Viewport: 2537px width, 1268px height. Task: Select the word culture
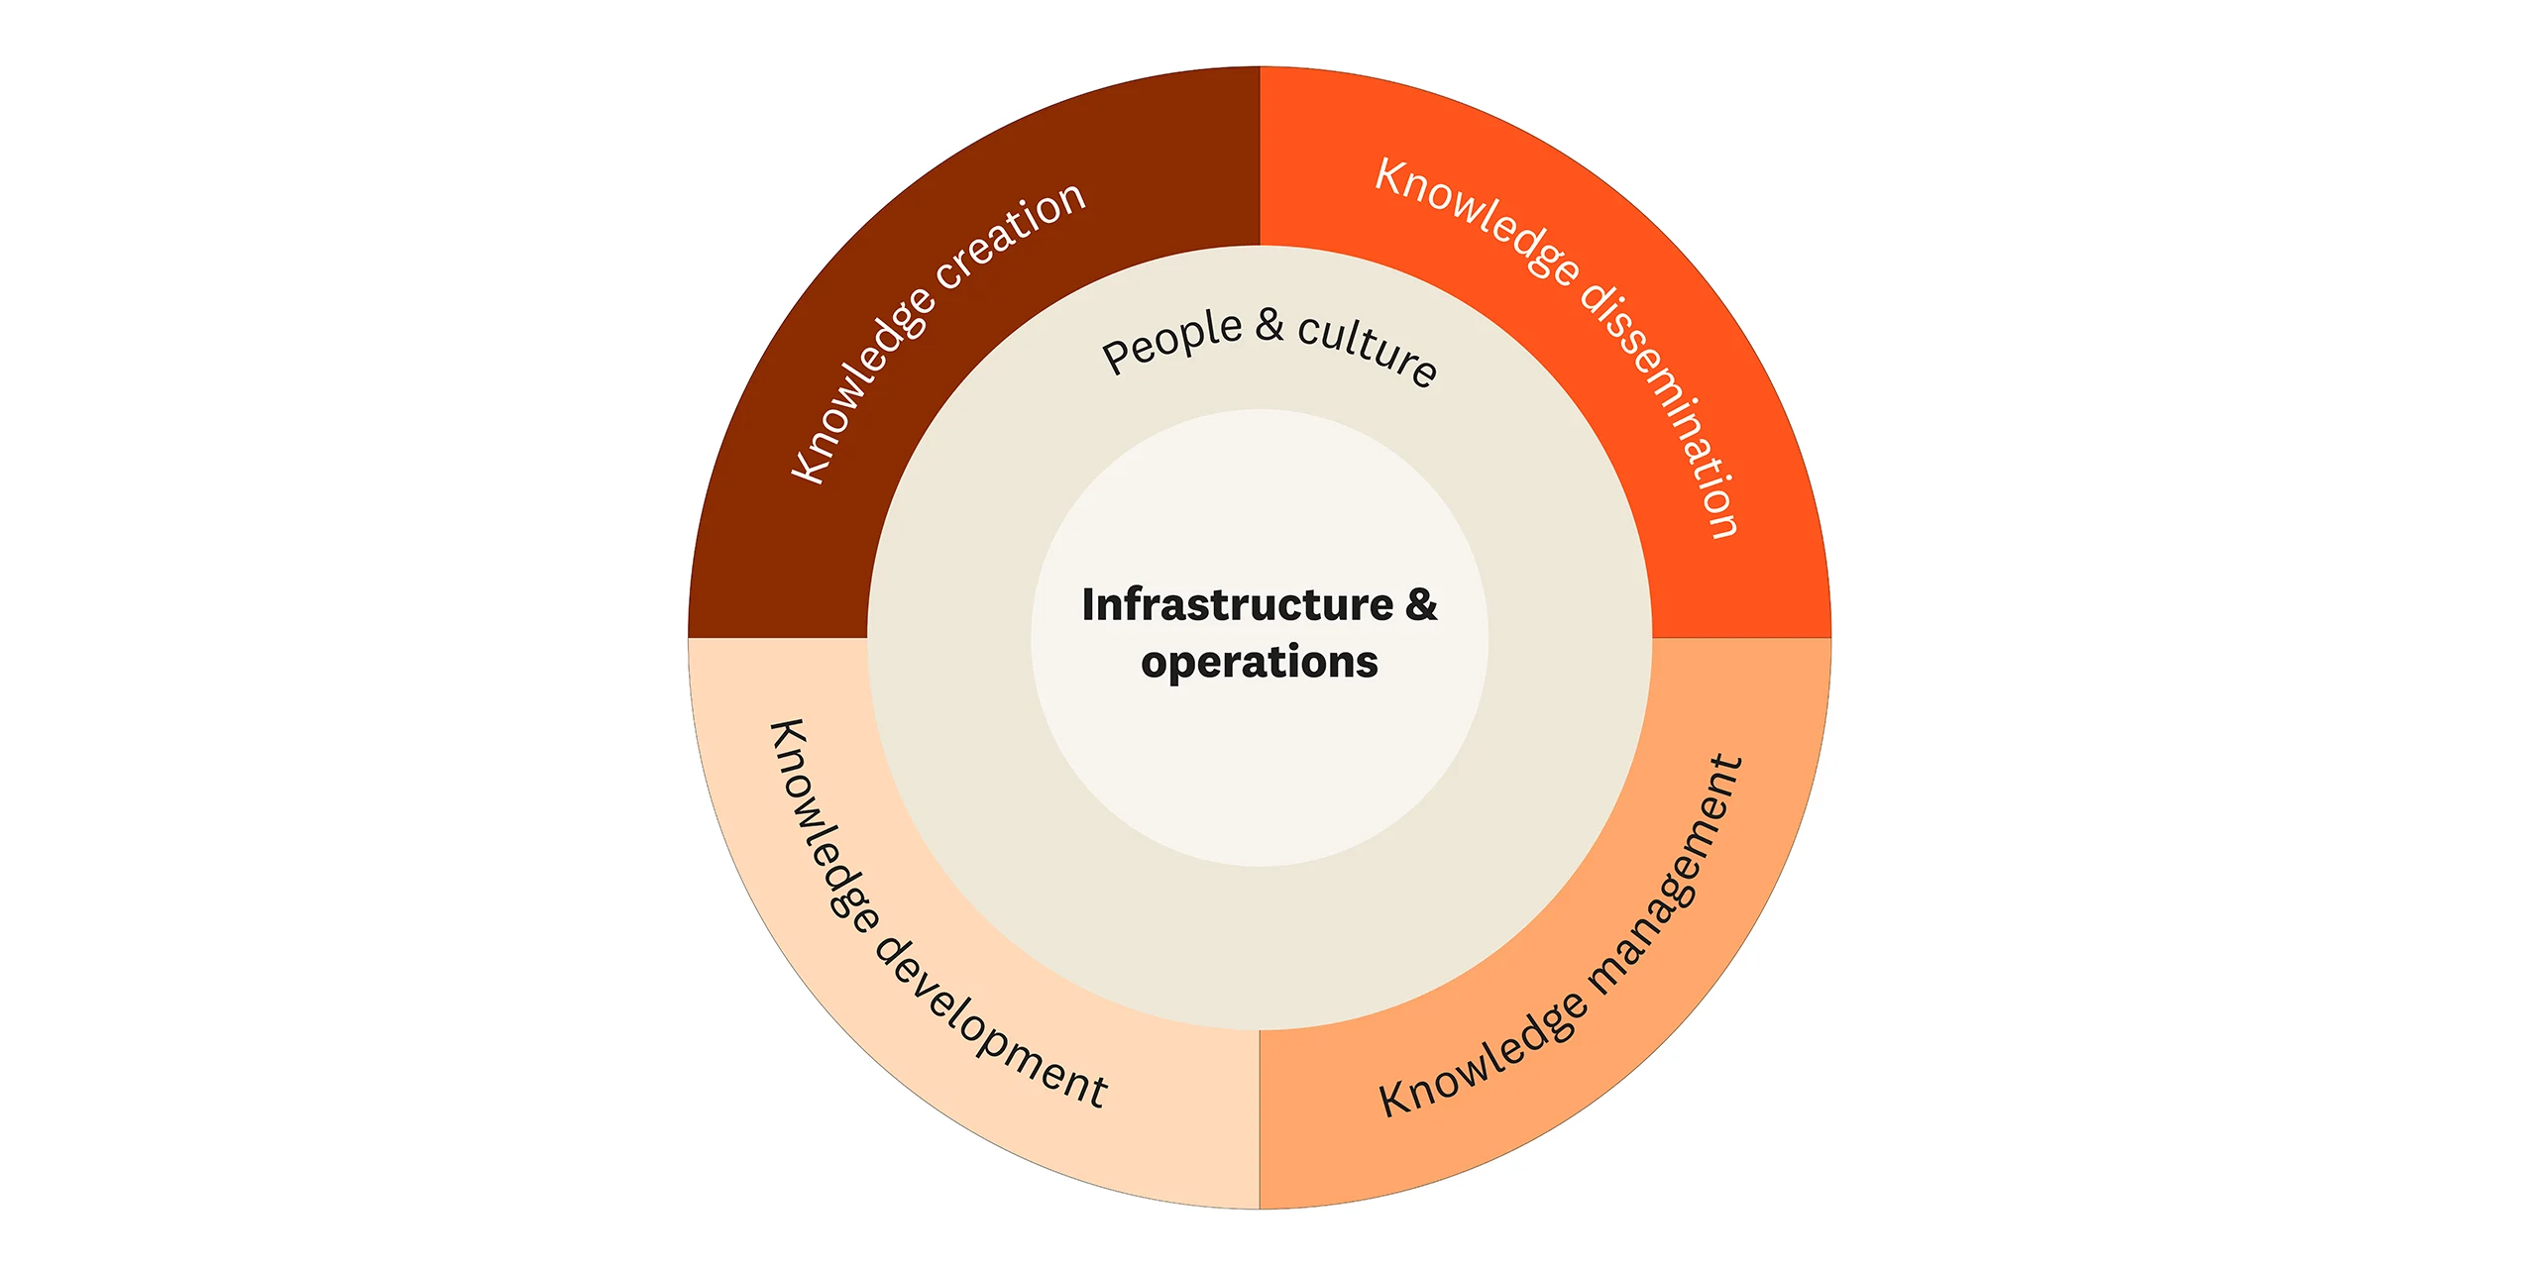[1368, 347]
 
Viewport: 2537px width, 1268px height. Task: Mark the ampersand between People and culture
[1269, 325]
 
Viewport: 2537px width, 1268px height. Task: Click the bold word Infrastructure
[1237, 604]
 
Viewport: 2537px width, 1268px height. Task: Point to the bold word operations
[1259, 662]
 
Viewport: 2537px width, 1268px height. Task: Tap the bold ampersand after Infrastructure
[1421, 604]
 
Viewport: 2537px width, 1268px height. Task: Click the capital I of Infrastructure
[1088, 604]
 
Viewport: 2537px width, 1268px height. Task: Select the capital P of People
[1117, 356]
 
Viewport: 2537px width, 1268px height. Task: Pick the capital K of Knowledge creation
[808, 467]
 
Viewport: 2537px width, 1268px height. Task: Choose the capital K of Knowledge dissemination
[1393, 177]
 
